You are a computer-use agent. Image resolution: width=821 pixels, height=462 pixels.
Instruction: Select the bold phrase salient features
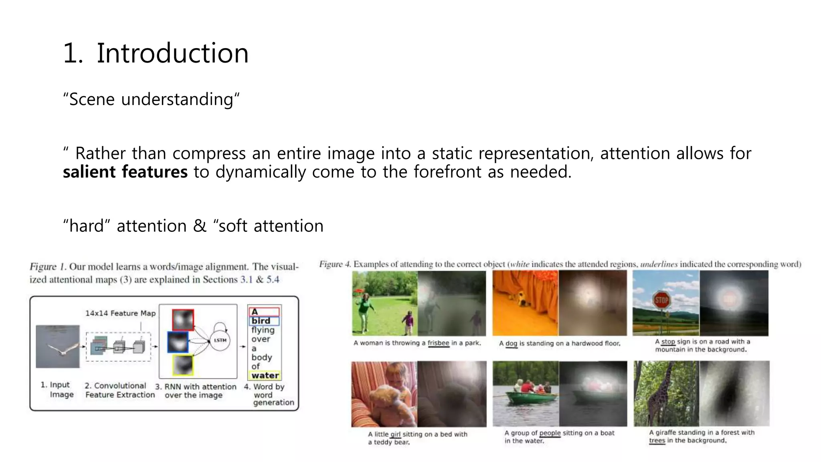[x=125, y=172]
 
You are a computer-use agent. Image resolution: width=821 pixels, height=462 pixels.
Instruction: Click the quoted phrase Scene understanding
[x=151, y=99]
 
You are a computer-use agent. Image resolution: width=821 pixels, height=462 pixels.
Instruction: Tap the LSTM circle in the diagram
[x=220, y=340]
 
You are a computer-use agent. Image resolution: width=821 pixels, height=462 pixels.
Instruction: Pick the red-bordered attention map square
[x=183, y=320]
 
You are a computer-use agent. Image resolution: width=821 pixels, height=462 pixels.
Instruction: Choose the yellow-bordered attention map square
[x=183, y=365]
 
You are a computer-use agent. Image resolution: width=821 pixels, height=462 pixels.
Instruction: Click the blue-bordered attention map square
[x=178, y=342]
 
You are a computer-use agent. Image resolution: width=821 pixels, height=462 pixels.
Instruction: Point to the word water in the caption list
[x=265, y=375]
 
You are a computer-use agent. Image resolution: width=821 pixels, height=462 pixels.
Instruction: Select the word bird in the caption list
[x=261, y=321]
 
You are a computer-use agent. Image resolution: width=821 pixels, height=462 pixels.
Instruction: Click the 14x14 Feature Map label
[x=120, y=313]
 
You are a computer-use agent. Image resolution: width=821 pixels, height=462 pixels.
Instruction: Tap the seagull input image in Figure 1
[x=58, y=346]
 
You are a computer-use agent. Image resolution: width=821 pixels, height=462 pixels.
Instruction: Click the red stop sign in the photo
[x=661, y=300]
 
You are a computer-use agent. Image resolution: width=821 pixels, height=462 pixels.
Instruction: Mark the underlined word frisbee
[x=438, y=343]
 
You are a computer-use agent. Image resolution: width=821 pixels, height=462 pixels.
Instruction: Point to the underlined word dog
[x=511, y=344]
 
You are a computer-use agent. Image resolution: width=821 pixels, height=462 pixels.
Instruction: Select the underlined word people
[x=550, y=433]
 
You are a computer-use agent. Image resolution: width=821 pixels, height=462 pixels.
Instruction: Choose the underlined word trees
[x=657, y=440]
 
